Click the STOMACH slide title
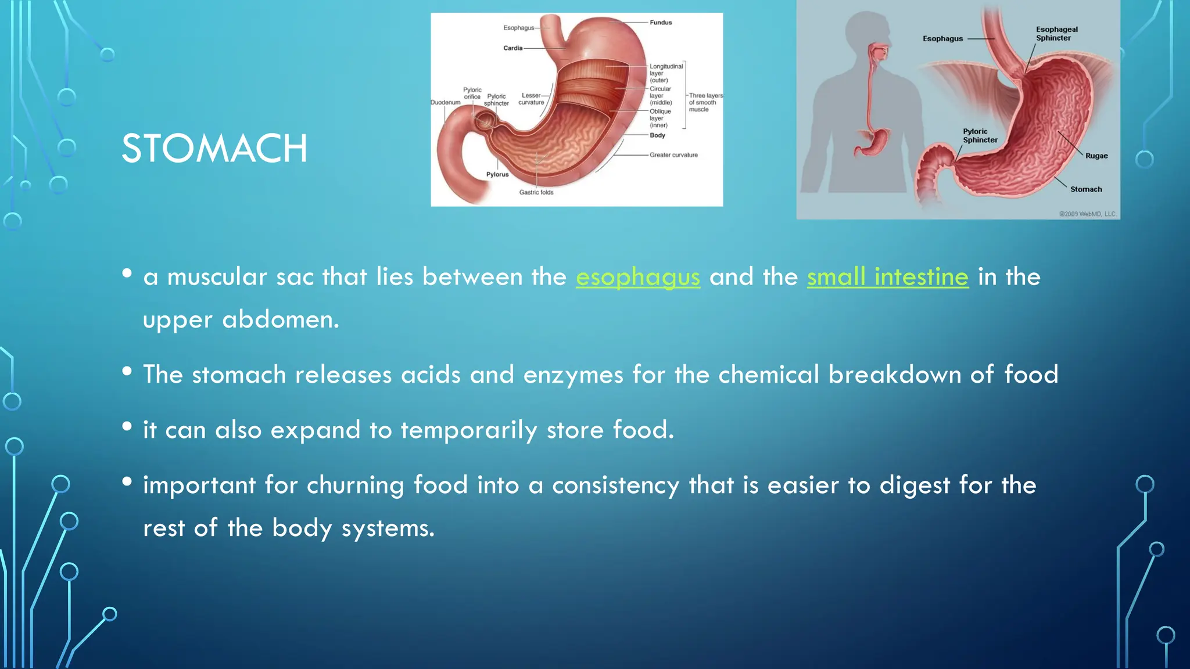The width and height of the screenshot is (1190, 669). coord(214,149)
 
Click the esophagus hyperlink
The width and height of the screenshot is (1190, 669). coord(637,277)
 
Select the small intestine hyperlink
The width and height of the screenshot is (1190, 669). coord(887,277)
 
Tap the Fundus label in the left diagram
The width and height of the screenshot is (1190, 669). coord(661,23)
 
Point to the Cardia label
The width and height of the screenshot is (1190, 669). coord(512,48)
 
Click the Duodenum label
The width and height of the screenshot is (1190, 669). coord(445,102)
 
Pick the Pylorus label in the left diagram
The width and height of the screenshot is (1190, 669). coord(497,174)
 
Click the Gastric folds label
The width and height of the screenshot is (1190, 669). coord(536,192)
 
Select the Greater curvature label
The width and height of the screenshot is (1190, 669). coord(673,155)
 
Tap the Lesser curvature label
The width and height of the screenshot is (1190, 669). coord(531,99)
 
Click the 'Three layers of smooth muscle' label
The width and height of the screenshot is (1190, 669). coord(705,102)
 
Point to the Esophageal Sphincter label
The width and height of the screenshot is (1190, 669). coord(1056,34)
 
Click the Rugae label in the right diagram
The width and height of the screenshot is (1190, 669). coord(1096,156)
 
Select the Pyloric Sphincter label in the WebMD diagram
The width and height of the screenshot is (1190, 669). coord(980,136)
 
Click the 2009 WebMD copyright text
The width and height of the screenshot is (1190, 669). coord(1087,214)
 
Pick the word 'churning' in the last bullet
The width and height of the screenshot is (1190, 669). coord(355,485)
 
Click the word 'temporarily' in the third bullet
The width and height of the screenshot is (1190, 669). coord(468,430)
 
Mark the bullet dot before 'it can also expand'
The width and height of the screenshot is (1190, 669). coord(127,427)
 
